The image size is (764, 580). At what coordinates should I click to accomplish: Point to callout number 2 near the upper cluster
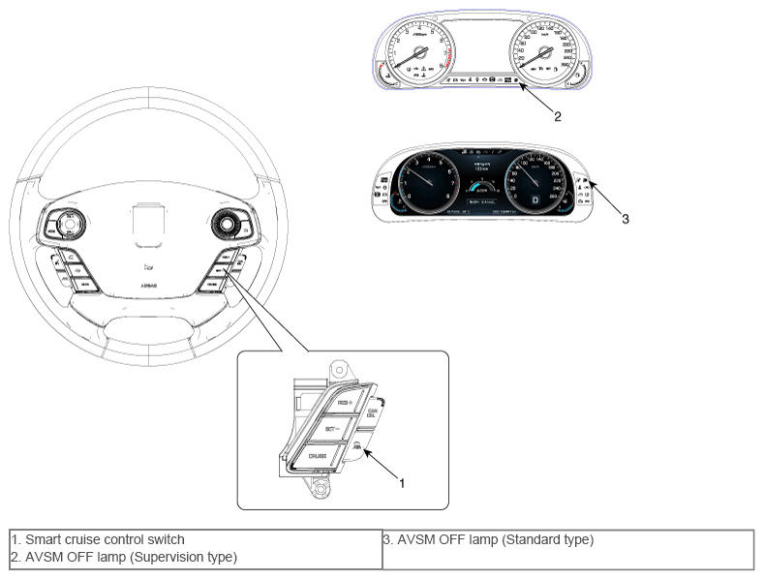click(x=557, y=114)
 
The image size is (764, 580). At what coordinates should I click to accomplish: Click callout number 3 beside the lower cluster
click(x=626, y=219)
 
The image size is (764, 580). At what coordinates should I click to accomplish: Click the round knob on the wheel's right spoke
click(x=229, y=225)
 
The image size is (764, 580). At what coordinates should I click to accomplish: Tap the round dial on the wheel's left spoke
click(x=69, y=225)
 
